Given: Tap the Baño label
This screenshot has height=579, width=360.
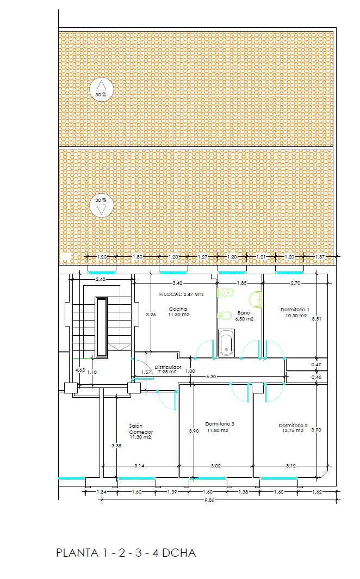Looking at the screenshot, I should click(244, 313).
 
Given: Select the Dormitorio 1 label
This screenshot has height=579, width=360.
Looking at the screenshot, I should click(295, 310).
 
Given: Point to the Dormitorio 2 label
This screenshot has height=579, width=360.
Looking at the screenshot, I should click(293, 426).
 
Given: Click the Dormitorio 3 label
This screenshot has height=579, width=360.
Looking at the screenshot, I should click(220, 424).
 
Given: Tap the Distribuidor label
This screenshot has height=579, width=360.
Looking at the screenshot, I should click(167, 367).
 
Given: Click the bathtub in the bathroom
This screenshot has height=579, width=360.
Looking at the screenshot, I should click(226, 343).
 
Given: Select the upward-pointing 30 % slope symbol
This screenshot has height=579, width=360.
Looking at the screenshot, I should click(101, 88).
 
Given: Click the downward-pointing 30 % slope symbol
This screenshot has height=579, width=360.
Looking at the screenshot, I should click(101, 206).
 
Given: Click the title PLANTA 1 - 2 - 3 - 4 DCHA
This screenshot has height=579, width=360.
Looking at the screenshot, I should click(126, 553).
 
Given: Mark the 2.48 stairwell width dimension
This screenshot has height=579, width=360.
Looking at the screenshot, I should click(101, 280).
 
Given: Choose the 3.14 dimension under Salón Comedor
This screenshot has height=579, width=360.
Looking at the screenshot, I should click(139, 466).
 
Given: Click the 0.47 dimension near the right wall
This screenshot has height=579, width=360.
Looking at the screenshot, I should click(315, 365).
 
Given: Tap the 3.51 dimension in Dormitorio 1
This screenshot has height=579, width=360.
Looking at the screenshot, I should click(316, 319).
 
